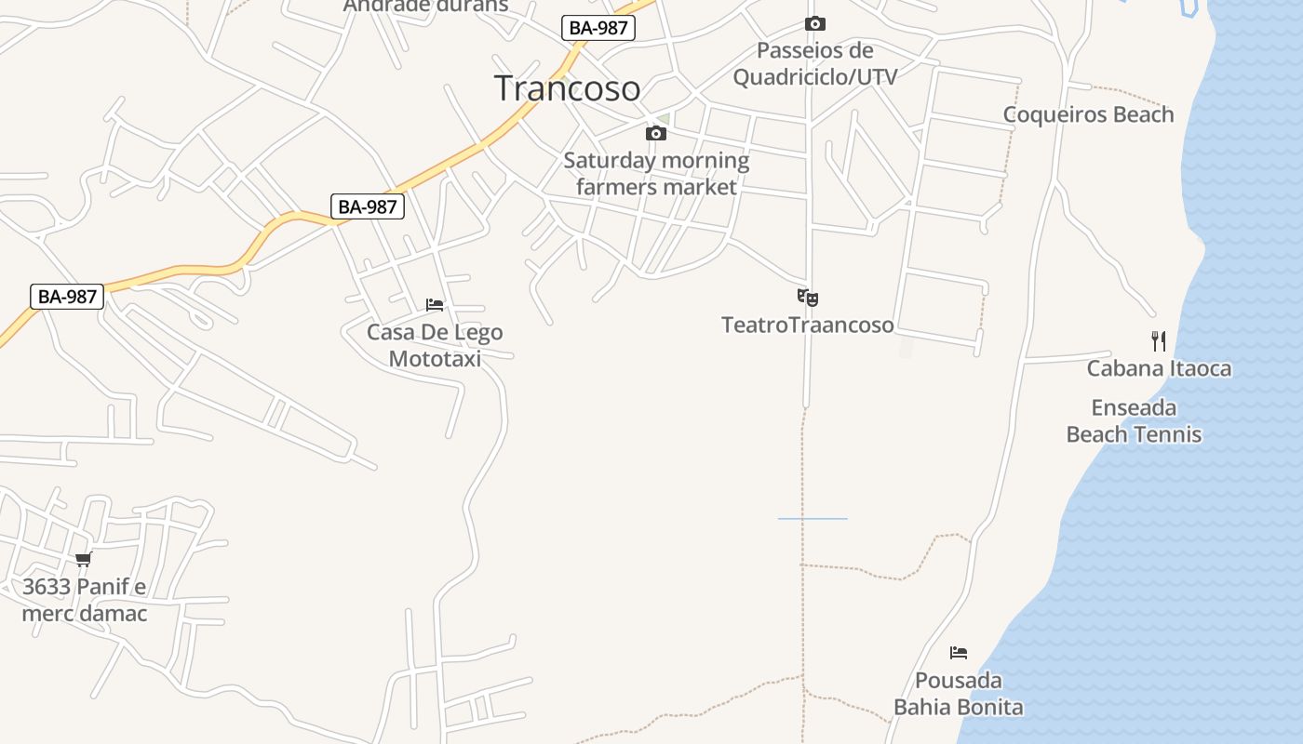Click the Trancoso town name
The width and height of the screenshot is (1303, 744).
567,88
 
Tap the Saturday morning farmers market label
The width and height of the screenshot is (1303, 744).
656,174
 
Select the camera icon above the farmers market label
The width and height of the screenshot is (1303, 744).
656,134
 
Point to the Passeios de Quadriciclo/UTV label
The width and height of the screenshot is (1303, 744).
814,63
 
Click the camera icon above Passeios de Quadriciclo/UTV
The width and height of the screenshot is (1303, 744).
815,24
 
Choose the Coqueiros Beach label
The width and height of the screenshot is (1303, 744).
1088,114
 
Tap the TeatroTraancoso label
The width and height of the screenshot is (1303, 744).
807,325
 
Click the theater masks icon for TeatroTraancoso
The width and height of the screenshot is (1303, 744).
807,298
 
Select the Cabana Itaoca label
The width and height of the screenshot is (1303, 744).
1159,368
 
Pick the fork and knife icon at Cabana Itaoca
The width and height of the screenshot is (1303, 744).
1159,340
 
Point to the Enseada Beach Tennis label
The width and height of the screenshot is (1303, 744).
1134,421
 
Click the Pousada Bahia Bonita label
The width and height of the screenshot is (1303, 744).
959,694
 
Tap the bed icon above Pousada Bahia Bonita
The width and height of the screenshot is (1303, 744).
959,653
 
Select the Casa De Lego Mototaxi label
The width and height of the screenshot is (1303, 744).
435,345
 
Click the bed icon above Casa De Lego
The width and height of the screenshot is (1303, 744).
435,304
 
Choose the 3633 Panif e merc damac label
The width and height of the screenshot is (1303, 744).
85,600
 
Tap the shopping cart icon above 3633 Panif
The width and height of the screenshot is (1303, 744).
84,559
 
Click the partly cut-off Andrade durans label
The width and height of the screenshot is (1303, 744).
425,7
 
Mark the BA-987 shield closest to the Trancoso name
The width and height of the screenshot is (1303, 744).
598,28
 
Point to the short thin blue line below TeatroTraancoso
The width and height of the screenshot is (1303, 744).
813,518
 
